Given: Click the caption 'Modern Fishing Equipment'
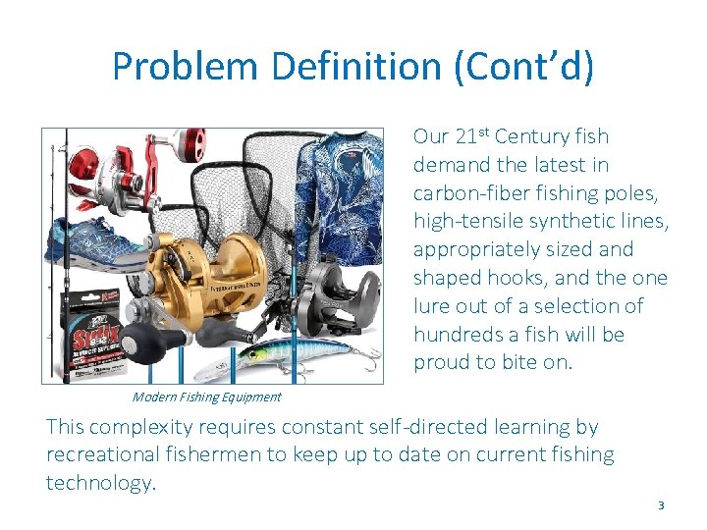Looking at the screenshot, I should pyautogui.click(x=206, y=397).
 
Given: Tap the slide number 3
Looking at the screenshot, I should pyautogui.click(x=661, y=504).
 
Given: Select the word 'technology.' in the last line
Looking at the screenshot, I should pyautogui.click(x=101, y=482).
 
